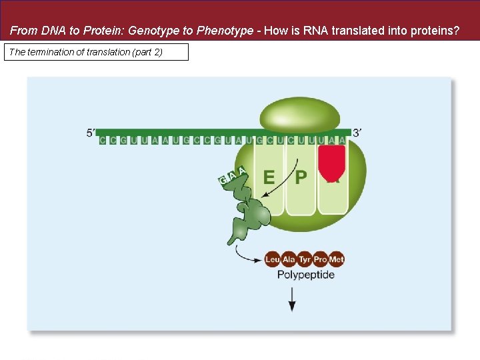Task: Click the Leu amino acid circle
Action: [x=272, y=259]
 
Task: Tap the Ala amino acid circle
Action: [x=289, y=259]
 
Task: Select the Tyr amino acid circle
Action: [x=305, y=259]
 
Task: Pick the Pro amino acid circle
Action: [x=321, y=259]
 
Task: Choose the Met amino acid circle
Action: [x=337, y=259]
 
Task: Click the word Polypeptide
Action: [x=305, y=275]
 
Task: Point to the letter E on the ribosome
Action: [x=269, y=177]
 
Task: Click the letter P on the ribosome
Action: [x=301, y=177]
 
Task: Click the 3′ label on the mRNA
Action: [x=357, y=133]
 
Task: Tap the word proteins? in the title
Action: [x=436, y=31]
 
